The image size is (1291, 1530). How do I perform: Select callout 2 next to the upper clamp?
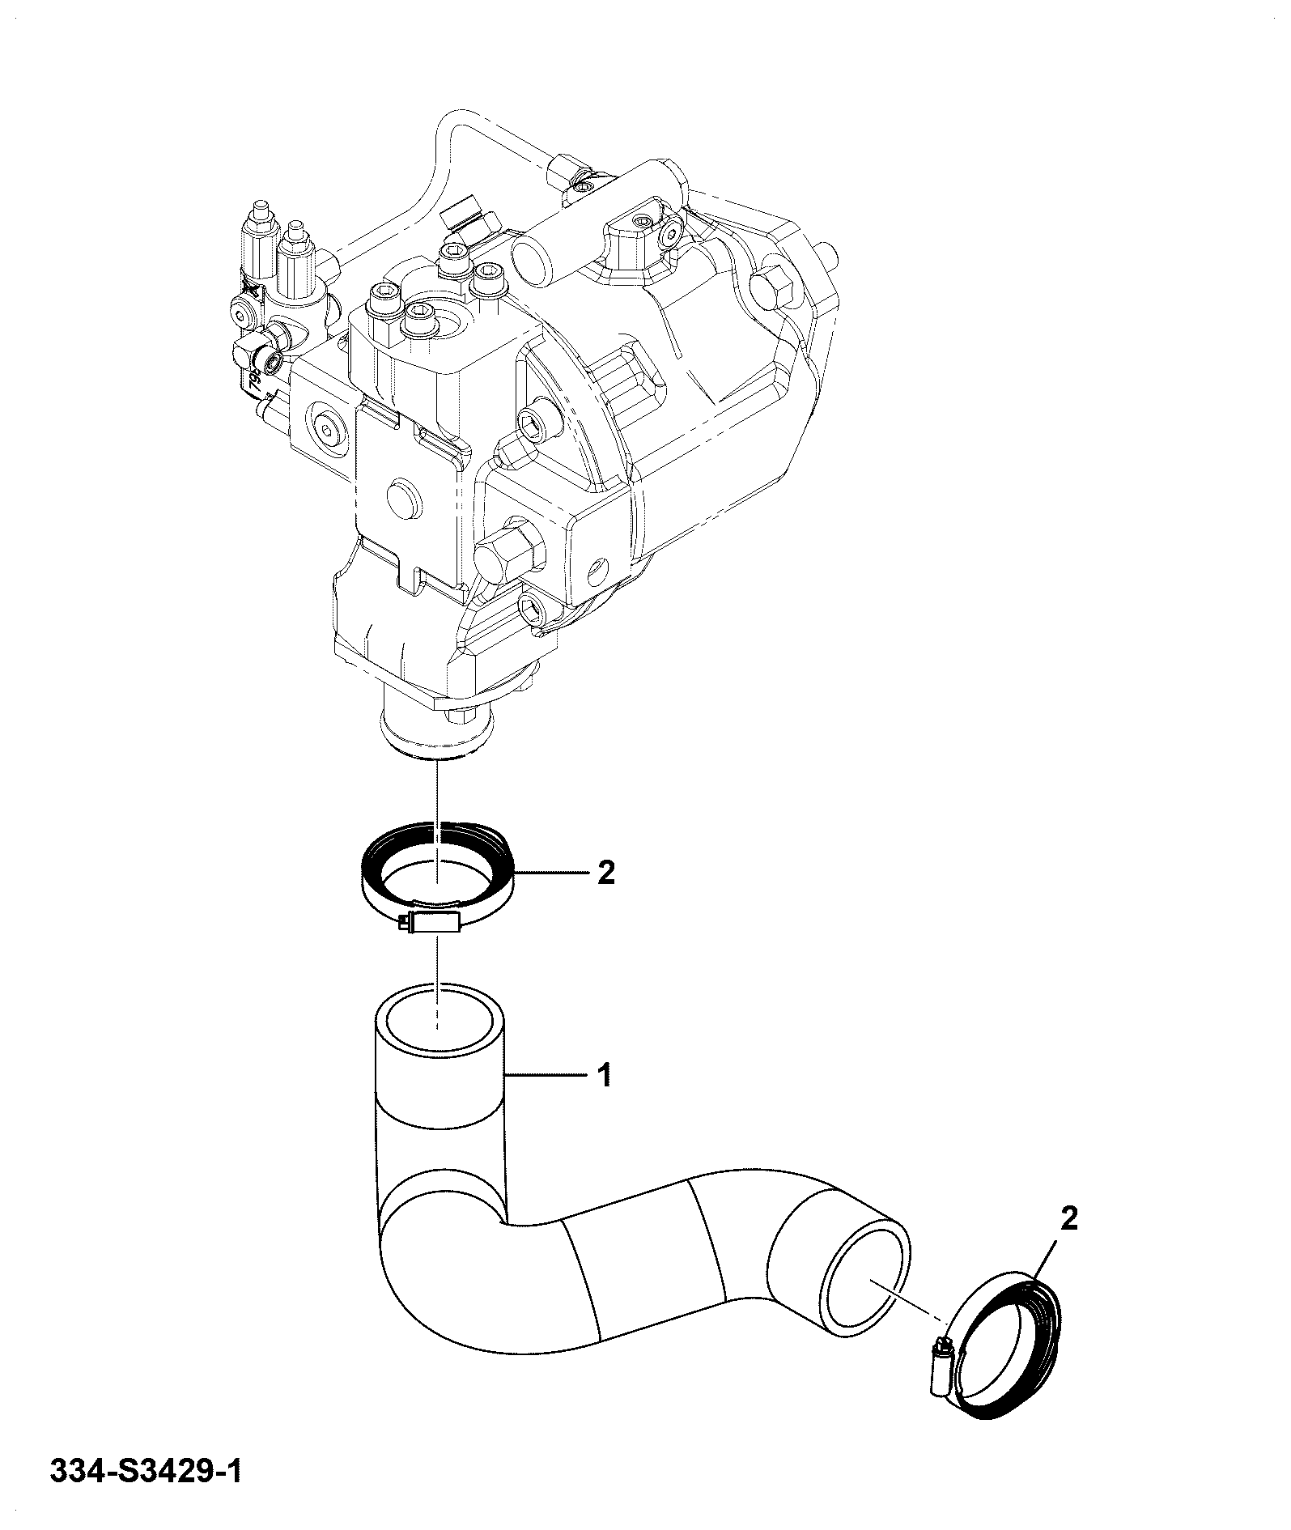tap(605, 873)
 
